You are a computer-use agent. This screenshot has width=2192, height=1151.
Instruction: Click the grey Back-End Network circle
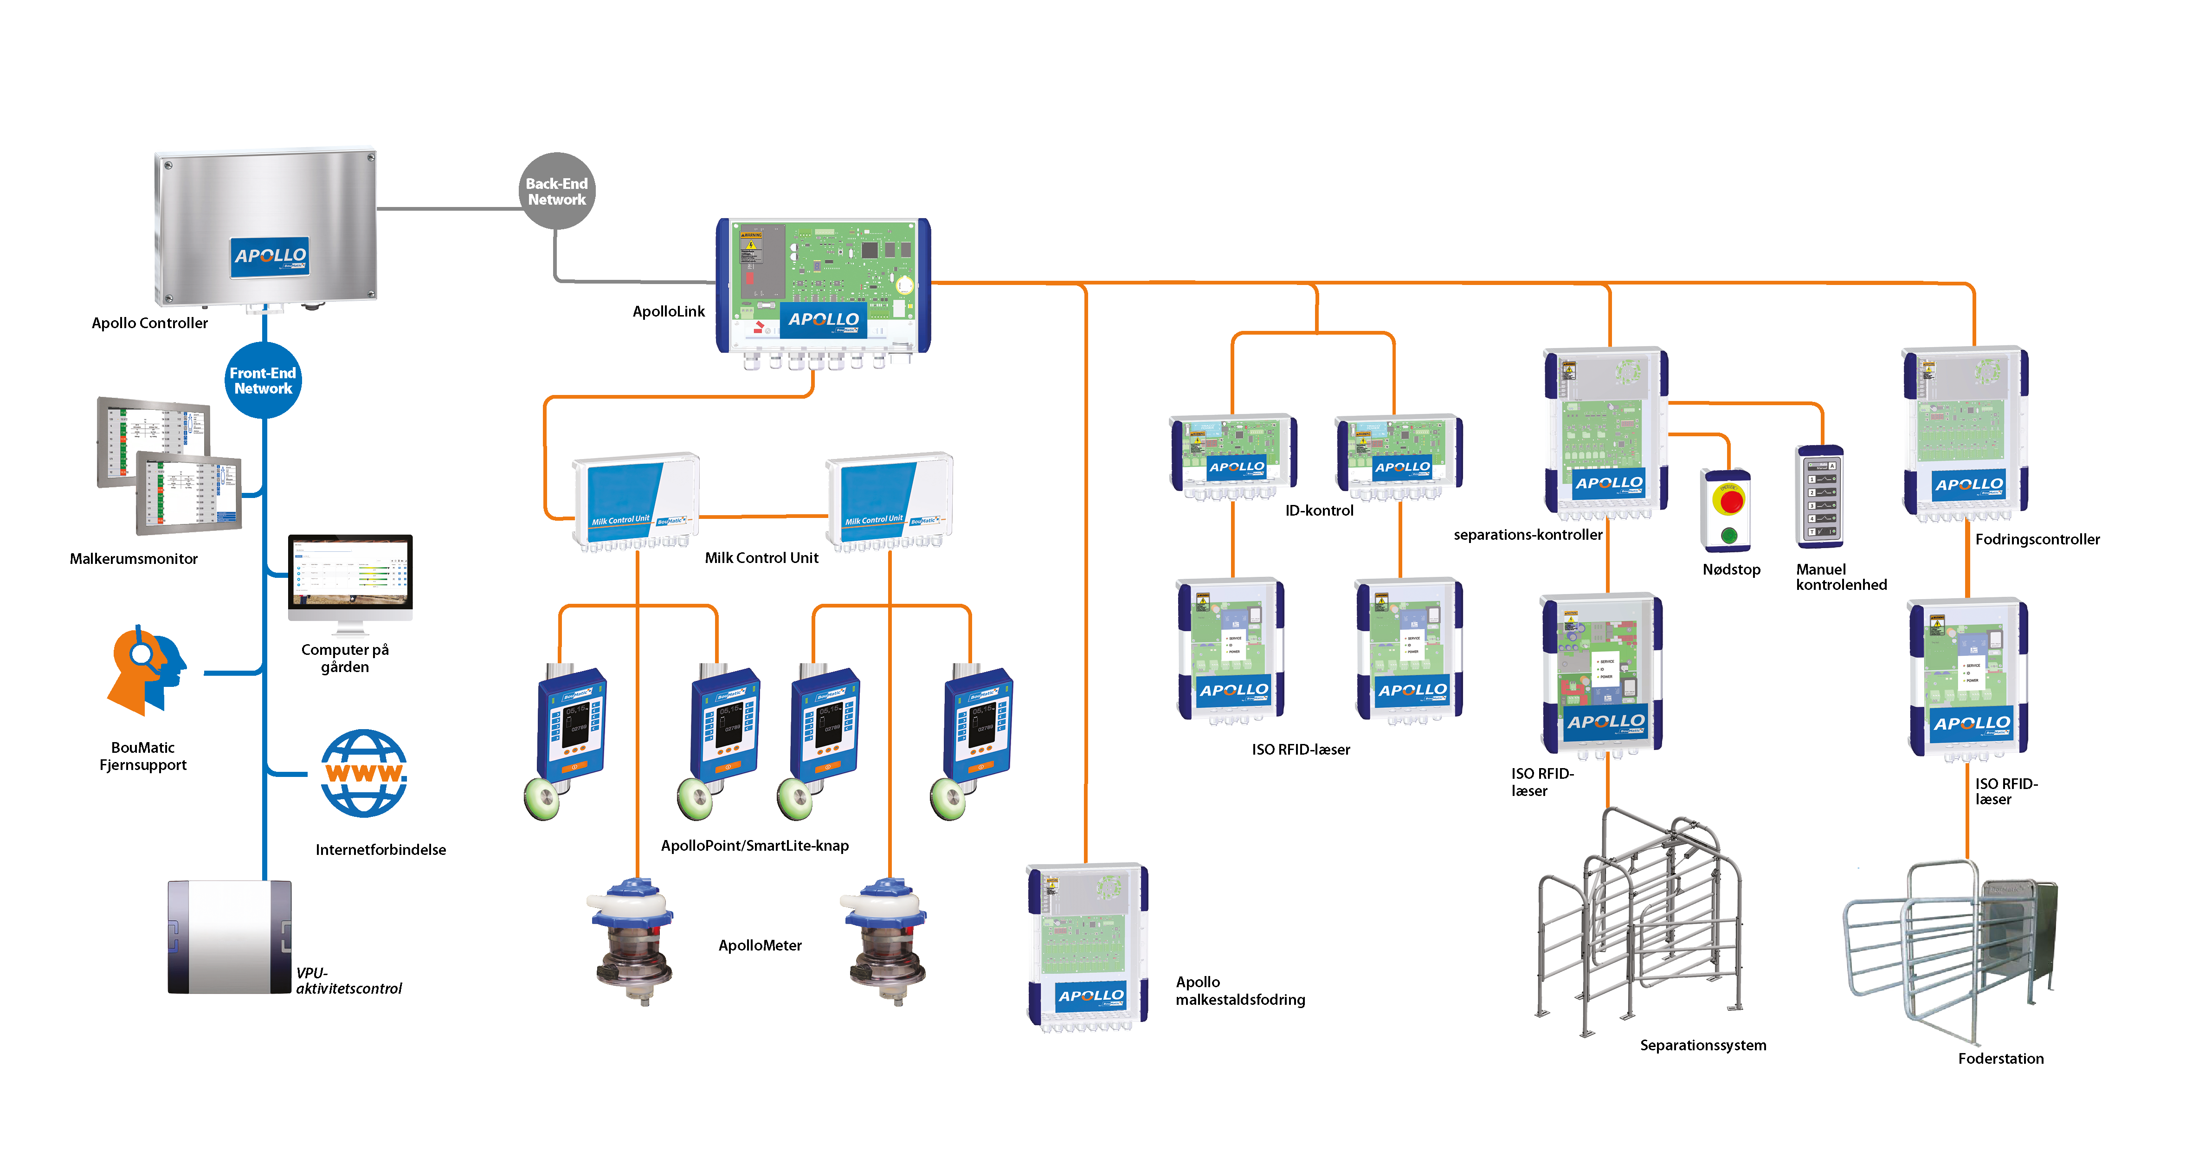coord(556,191)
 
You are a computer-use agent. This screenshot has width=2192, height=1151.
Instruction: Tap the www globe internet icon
coord(364,773)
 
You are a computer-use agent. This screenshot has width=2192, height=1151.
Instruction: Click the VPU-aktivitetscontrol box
coord(230,937)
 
